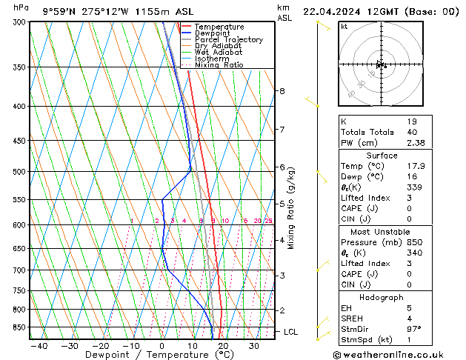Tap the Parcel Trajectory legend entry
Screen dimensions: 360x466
(228, 40)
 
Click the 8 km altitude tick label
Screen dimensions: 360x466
(282, 91)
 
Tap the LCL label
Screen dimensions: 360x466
(290, 332)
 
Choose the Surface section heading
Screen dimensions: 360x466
(382, 156)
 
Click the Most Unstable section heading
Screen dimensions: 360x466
(382, 231)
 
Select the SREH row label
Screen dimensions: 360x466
(353, 318)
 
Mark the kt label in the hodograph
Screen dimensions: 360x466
(344, 26)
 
